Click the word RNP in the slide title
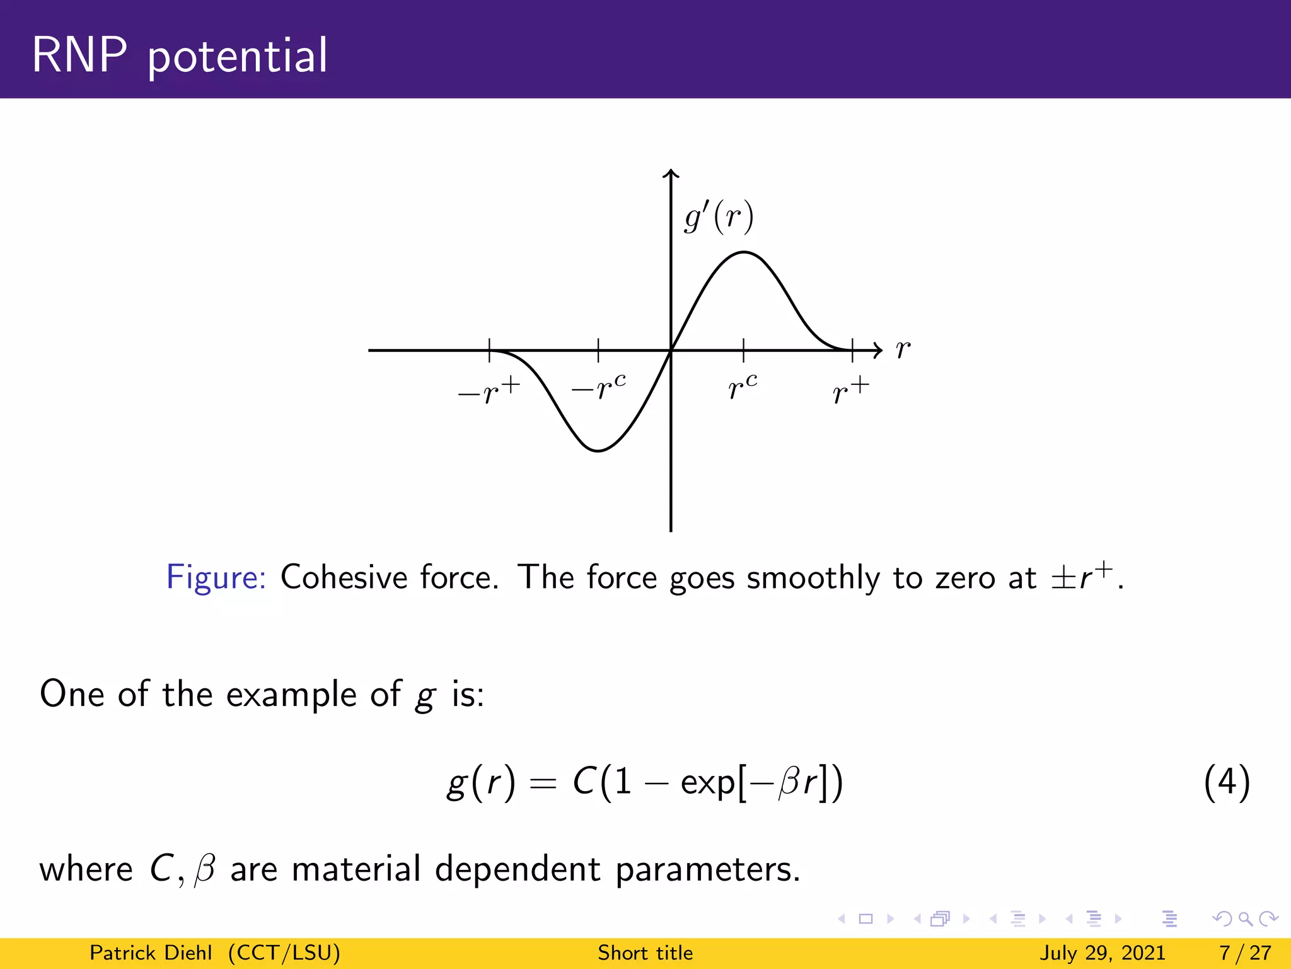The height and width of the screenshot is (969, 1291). pos(79,56)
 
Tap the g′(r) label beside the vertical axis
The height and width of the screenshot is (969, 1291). pos(719,218)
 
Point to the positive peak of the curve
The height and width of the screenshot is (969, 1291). pos(744,252)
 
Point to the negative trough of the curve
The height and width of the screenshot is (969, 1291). pos(598,450)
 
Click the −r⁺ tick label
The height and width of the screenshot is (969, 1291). pos(489,391)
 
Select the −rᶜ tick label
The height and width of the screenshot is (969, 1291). pos(599,387)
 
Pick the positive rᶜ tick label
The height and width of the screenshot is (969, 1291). pos(743,387)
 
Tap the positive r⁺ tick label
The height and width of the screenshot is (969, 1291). pos(850,391)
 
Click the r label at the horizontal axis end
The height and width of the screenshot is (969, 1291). pos(903,349)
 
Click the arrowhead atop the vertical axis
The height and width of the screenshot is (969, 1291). pos(671,173)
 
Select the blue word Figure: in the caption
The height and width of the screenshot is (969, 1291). pos(216,577)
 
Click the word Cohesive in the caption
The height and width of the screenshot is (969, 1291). pos(344,577)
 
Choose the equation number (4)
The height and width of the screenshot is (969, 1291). pos(1226,782)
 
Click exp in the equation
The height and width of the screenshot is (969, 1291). pos(707,784)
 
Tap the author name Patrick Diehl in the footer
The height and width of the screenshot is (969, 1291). pos(151,953)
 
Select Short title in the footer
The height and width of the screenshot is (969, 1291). pos(645,953)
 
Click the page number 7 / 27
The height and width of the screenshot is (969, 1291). pos(1245,953)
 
